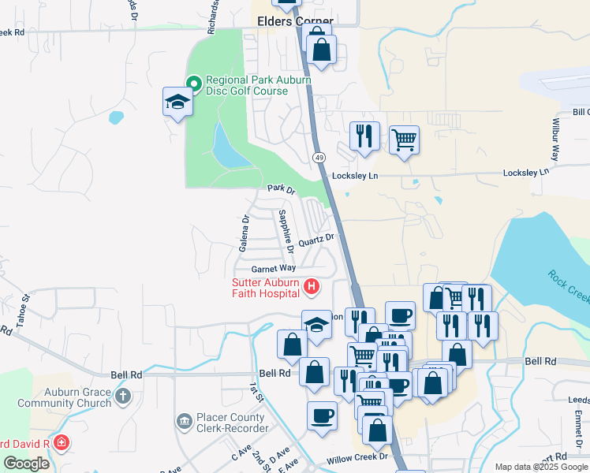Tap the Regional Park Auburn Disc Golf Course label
(259, 86)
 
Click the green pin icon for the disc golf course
(194, 81)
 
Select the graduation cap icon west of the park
(177, 101)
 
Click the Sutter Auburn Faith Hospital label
(266, 289)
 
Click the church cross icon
(122, 397)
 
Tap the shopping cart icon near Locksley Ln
(404, 140)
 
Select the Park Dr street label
(280, 189)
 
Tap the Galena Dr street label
(245, 233)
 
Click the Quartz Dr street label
(317, 238)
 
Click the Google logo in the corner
(28, 464)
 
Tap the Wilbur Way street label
(555, 140)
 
